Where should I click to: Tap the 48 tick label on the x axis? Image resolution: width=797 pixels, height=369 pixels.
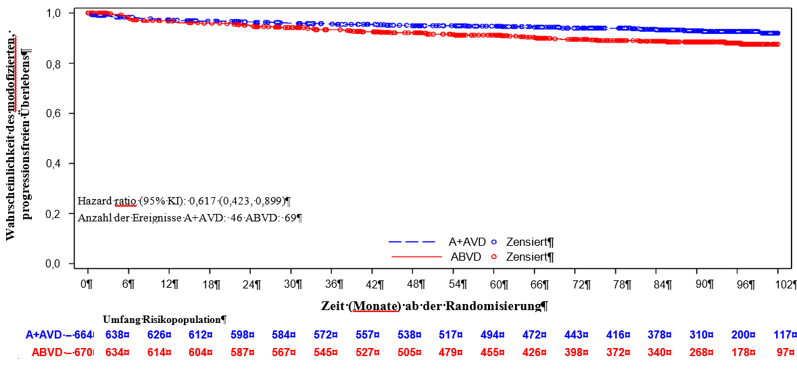tap(417, 285)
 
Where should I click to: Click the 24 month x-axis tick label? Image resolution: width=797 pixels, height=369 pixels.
tap(251, 285)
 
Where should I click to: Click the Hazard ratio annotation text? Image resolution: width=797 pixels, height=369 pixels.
tap(184, 201)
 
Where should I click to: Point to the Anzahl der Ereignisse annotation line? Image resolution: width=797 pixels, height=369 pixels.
tap(189, 218)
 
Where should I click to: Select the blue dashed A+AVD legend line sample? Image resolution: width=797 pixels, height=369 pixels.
tap(411, 242)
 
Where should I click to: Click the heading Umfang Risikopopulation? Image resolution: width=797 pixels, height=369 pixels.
tap(164, 319)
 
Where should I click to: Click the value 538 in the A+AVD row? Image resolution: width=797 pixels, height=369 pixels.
tap(407, 334)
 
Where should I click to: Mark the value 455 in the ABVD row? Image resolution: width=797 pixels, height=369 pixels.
tap(491, 352)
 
